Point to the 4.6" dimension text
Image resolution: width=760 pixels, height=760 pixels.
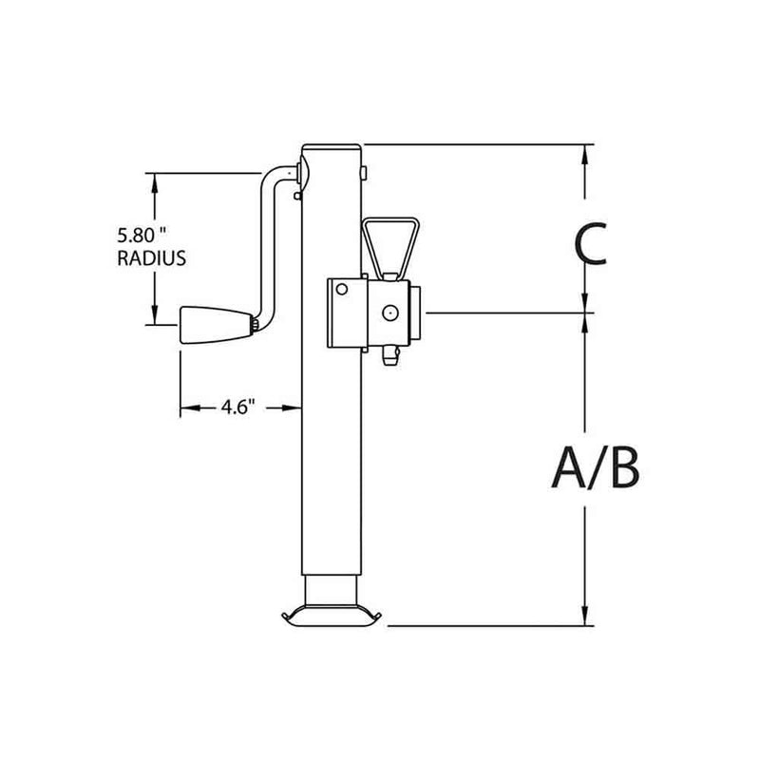pyautogui.click(x=235, y=408)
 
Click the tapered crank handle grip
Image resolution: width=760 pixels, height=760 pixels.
pyautogui.click(x=214, y=325)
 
